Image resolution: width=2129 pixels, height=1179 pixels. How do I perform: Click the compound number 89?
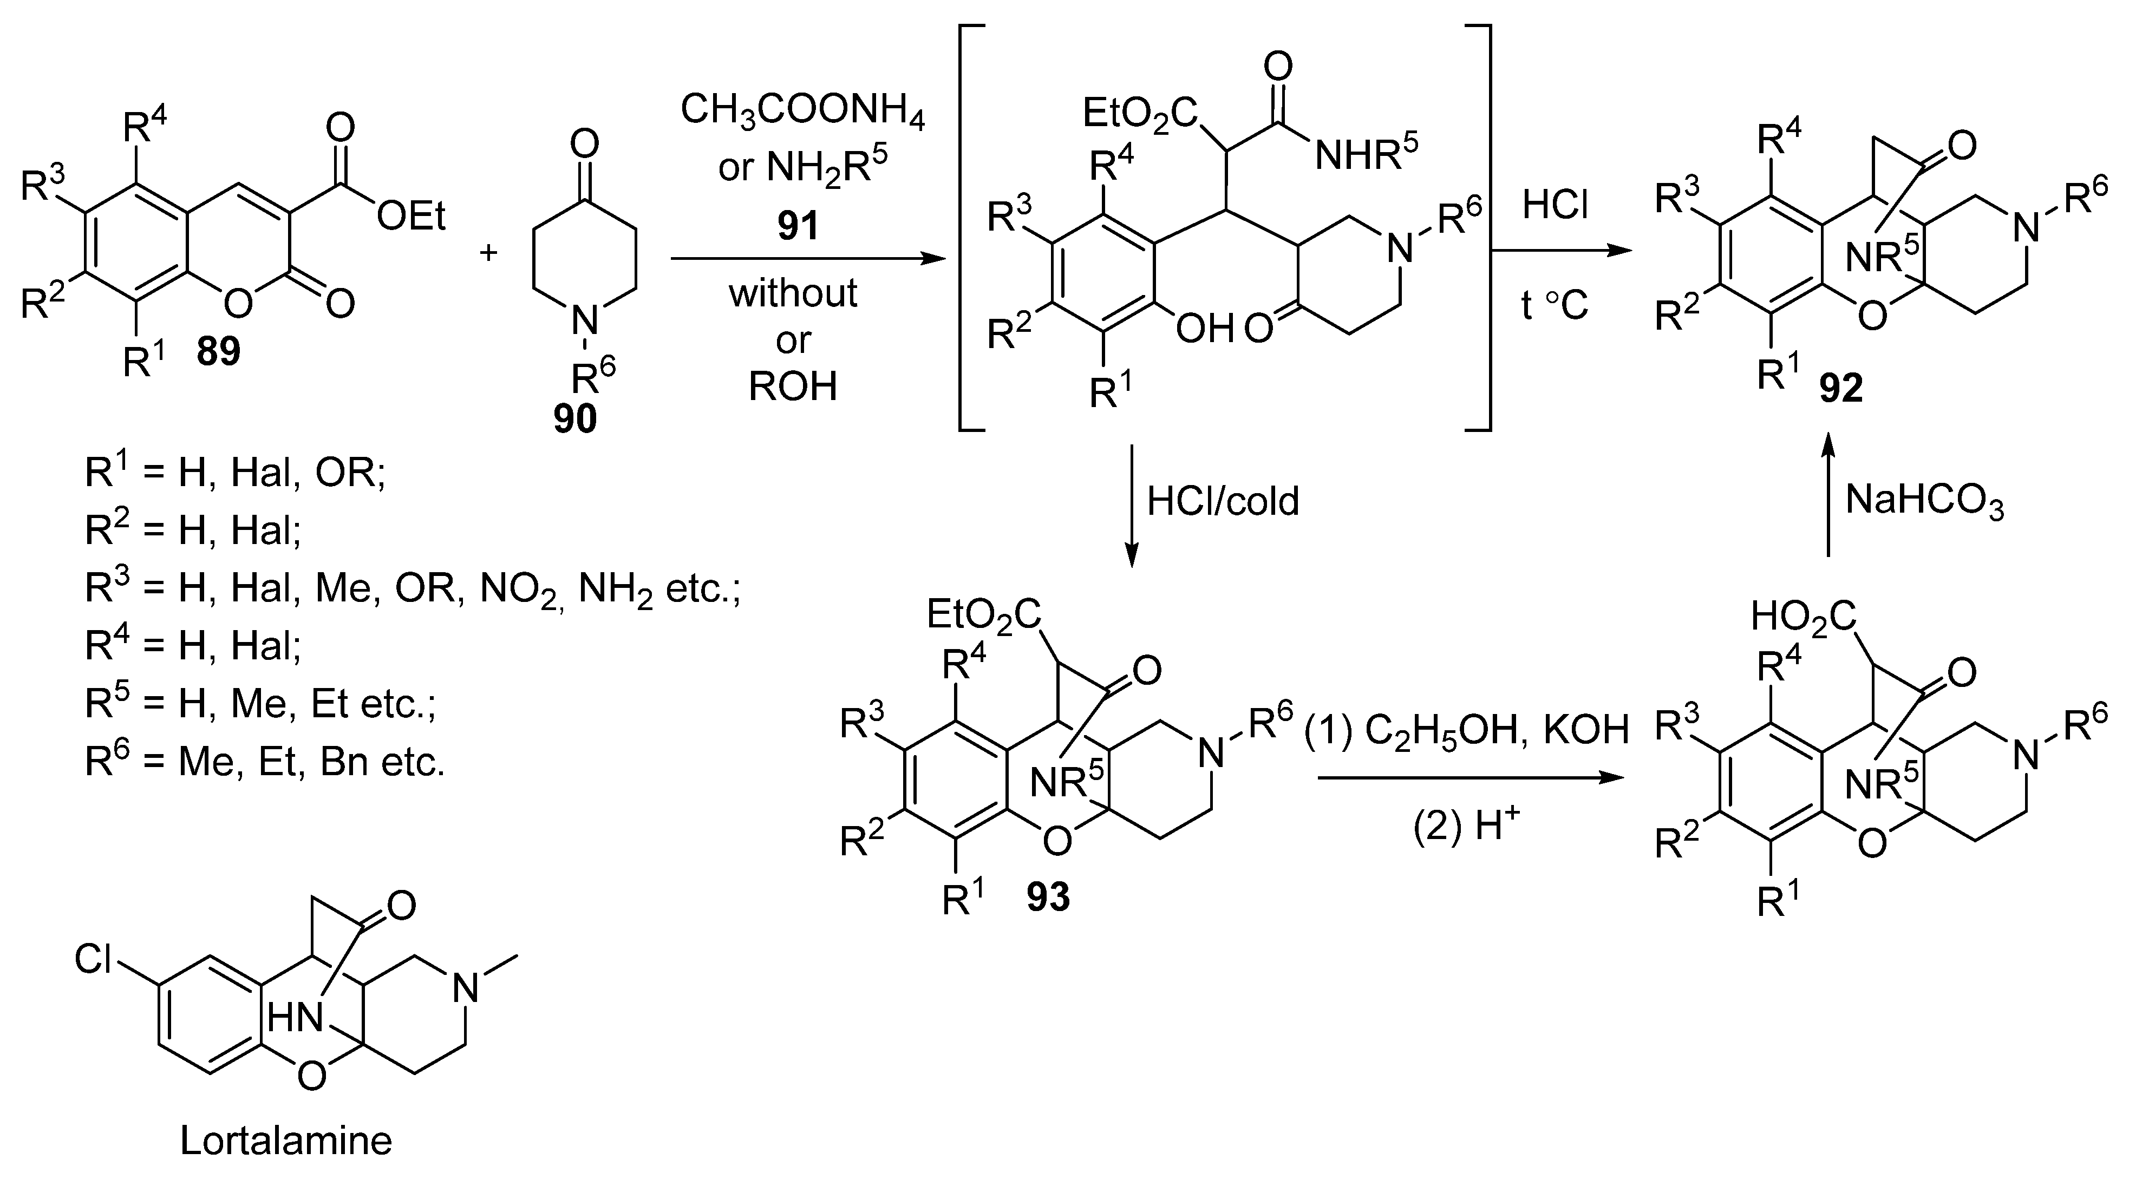tap(218, 352)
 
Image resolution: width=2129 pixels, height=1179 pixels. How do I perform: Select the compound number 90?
tap(575, 419)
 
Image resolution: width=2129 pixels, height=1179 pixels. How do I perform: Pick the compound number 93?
tap(1048, 898)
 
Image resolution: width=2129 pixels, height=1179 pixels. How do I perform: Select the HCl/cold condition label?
tap(1223, 501)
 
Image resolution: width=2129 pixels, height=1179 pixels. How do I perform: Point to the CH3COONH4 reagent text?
tap(802, 113)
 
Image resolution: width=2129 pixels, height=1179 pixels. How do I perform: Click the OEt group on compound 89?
tap(411, 217)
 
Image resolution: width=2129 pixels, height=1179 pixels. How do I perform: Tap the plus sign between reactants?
tap(488, 251)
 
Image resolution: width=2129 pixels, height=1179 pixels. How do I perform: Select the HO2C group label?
tap(1804, 617)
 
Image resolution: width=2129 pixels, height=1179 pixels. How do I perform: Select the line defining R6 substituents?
tap(264, 762)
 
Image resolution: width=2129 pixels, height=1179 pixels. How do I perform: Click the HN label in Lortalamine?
tap(294, 1018)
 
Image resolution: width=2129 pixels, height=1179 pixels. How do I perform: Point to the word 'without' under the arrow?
tap(793, 293)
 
